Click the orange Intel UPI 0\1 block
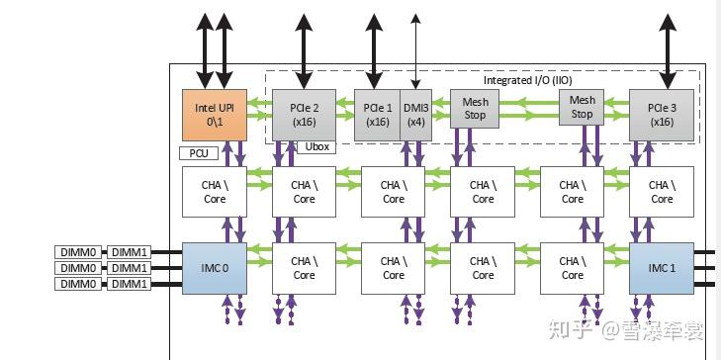(214, 114)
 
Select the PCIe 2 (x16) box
(304, 114)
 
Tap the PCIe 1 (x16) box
(377, 114)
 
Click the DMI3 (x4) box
(416, 114)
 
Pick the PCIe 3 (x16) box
(662, 114)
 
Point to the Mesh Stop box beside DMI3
(476, 107)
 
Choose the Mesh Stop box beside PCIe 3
(583, 107)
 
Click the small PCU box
(198, 153)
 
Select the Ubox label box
(317, 147)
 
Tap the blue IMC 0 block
(214, 268)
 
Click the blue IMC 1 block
(662, 268)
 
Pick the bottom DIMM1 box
(129, 284)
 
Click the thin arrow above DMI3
(416, 49)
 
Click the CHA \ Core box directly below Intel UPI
(214, 191)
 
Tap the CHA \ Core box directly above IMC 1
(662, 191)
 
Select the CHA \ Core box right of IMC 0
(304, 268)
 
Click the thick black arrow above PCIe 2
(304, 45)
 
